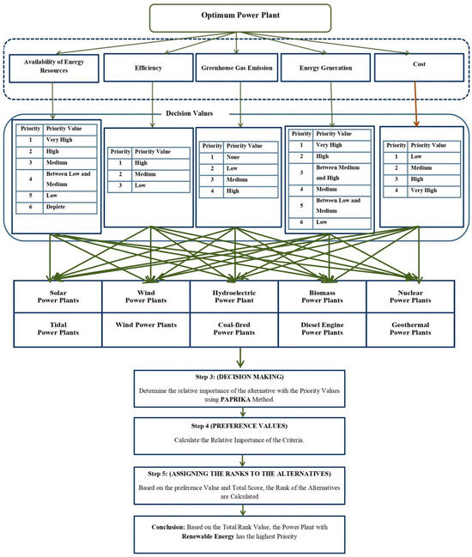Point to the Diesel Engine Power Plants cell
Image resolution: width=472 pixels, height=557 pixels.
[325, 330]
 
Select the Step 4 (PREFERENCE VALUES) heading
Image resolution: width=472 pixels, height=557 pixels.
[239, 426]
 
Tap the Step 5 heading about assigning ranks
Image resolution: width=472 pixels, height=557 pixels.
[239, 472]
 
